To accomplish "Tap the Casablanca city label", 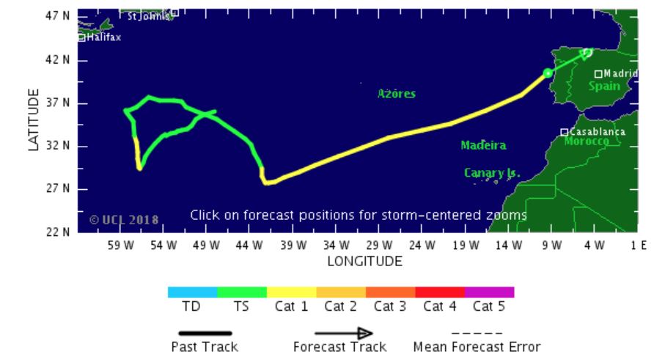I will (x=598, y=131).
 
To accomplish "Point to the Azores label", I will (x=397, y=94).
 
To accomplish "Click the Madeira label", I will (x=483, y=145).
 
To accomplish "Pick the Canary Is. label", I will (x=492, y=173).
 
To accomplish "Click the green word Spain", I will (x=604, y=87).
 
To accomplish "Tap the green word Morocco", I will (x=587, y=140).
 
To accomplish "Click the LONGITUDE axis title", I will (x=364, y=261).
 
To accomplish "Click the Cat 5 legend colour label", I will (x=489, y=306).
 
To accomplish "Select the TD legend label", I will (x=191, y=306).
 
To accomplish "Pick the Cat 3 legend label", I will (x=389, y=306).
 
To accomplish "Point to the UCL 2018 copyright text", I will (x=123, y=219).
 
